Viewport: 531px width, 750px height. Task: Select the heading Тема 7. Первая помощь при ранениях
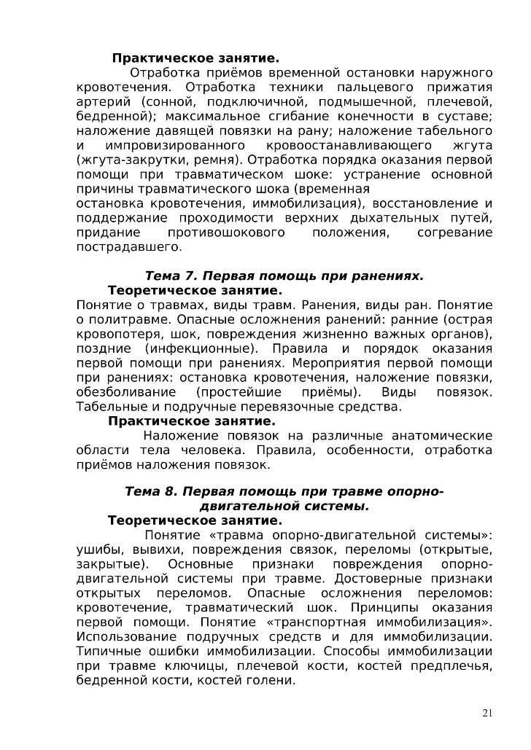pyautogui.click(x=284, y=276)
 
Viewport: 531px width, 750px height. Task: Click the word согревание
pyautogui.click(x=454, y=233)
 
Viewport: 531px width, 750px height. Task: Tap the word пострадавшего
pyautogui.click(x=128, y=247)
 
